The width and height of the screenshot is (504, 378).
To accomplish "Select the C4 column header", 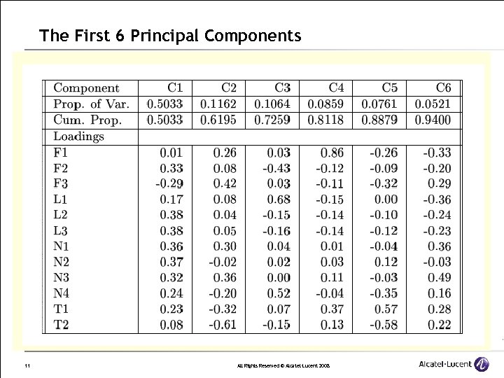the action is (336, 87).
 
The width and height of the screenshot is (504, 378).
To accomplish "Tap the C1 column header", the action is (175, 87).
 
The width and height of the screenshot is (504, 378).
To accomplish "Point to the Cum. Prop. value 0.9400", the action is (433, 120).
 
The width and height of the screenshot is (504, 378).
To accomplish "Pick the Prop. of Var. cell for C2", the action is (218, 104).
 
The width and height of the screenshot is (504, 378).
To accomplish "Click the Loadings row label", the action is (78, 136).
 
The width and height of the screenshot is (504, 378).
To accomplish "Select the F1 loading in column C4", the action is (332, 152).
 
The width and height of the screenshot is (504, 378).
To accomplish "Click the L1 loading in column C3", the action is (279, 199).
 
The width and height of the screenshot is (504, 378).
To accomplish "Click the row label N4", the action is (61, 293).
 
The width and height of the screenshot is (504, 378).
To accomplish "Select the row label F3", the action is (61, 183).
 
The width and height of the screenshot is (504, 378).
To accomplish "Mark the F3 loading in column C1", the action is (169, 183).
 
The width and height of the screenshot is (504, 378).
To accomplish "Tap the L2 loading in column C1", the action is (171, 215).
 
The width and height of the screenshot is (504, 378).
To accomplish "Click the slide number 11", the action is (26, 365).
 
